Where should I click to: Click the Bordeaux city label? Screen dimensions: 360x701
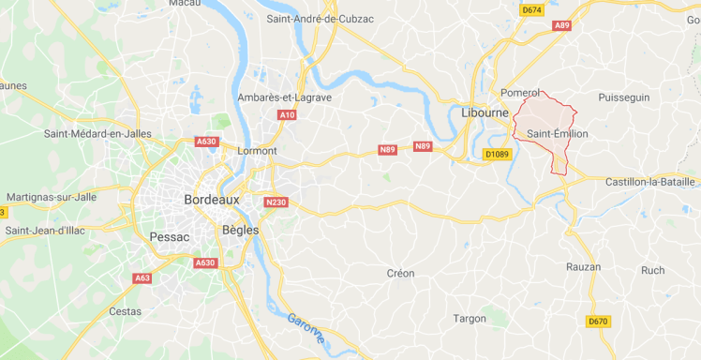212,200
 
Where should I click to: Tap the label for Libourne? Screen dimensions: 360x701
485,112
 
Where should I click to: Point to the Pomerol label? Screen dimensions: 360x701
521,93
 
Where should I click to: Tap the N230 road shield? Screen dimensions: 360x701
275,202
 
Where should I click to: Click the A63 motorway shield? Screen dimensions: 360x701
142,278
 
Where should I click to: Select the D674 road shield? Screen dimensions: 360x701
531,9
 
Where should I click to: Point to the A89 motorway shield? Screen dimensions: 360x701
561,25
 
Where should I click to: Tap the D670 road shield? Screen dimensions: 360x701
598,322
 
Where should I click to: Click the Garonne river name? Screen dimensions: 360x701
306,328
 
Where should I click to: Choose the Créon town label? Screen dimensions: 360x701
400,274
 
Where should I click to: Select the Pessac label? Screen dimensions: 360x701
169,237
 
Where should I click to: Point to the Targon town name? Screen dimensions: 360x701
470,319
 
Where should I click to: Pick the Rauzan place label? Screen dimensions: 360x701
583,267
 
